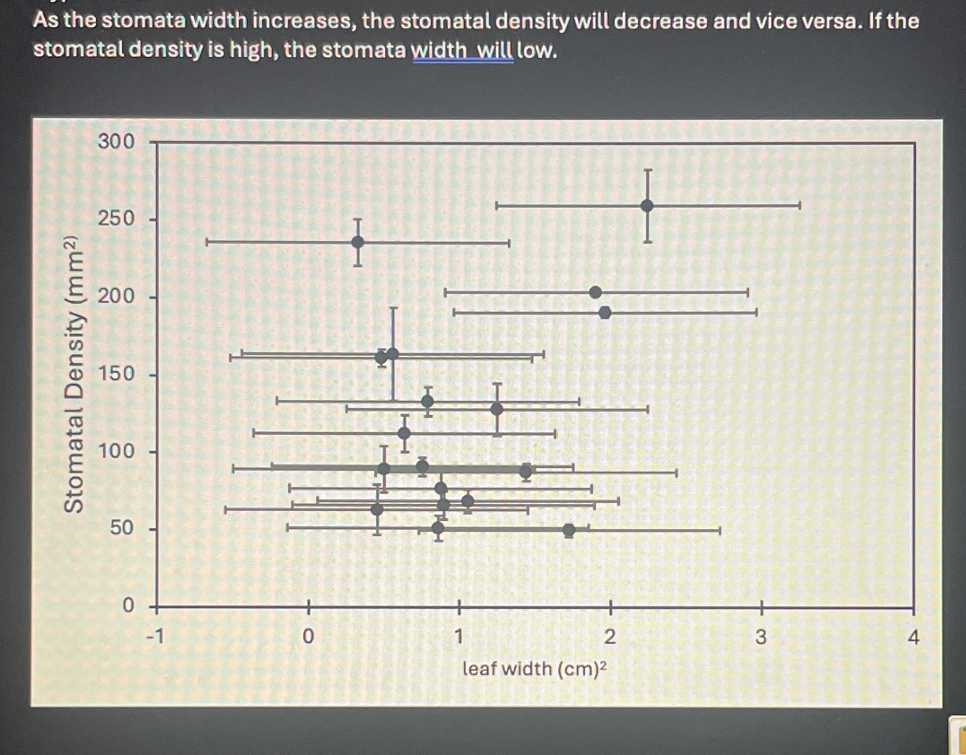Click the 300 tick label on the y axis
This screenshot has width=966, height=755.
tap(116, 142)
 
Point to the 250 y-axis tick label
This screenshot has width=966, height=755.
tap(116, 219)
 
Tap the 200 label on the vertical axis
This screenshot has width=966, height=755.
tap(116, 297)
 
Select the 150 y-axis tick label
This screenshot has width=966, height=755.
tap(116, 373)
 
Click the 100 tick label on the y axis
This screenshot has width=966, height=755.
tap(116, 451)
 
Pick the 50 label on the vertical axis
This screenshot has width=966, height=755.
tap(122, 528)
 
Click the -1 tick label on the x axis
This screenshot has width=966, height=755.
tap(155, 636)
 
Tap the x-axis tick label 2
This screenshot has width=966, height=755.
tap(610, 636)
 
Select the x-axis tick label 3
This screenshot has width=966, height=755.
tap(761, 636)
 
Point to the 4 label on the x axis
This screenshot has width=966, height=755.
tap(913, 636)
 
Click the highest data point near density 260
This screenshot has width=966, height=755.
tap(647, 205)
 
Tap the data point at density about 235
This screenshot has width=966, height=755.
tap(358, 242)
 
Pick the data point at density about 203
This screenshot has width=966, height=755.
tap(596, 293)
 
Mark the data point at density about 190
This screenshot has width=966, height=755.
tap(605, 313)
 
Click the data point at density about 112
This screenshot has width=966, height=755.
tap(404, 434)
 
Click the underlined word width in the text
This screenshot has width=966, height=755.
tap(439, 50)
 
